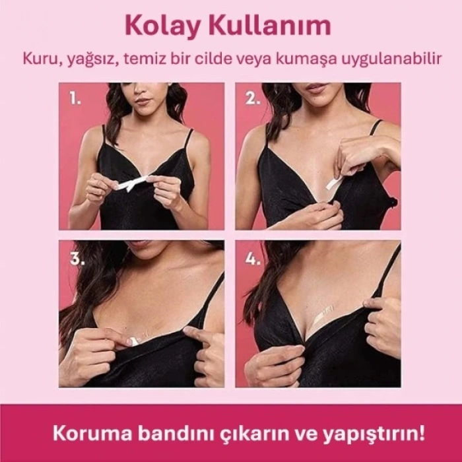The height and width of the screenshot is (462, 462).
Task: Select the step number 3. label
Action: [x=77, y=259]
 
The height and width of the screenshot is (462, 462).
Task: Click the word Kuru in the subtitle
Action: [x=37, y=59]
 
